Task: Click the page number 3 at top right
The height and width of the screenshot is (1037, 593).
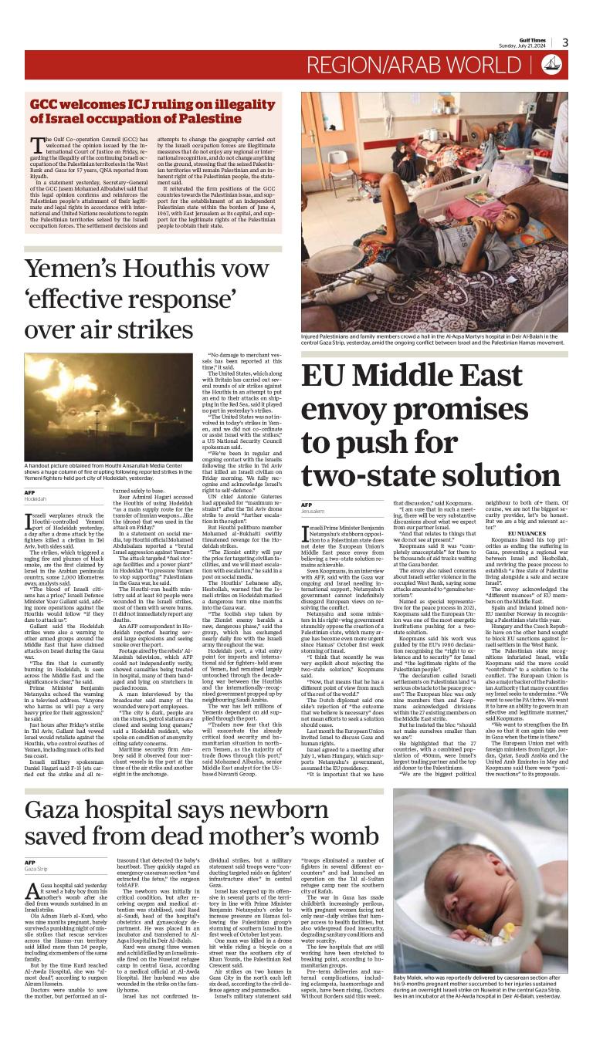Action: click(x=565, y=42)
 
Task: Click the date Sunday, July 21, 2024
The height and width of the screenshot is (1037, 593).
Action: click(x=527, y=46)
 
